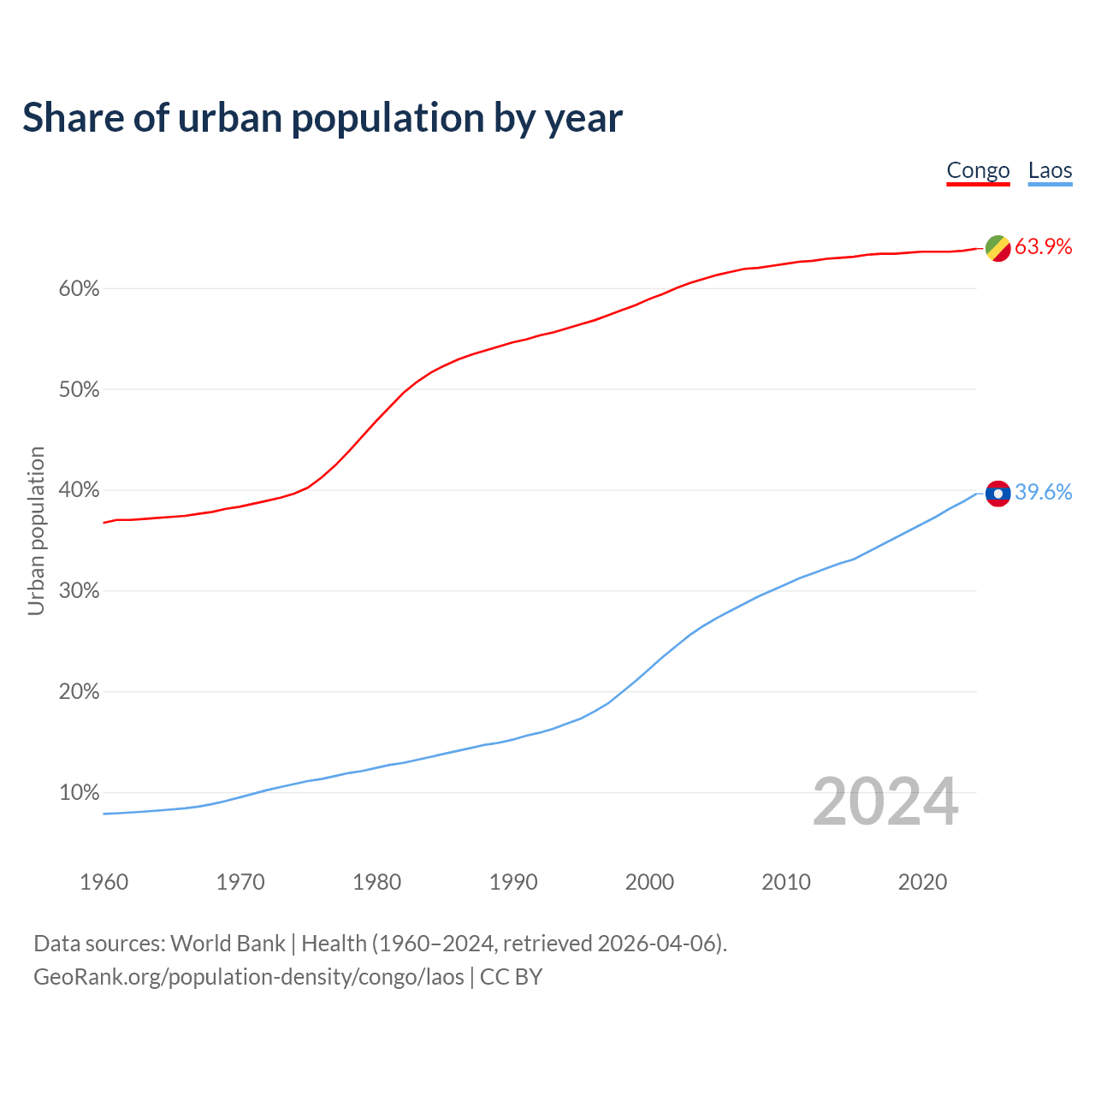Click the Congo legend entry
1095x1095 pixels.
point(978,171)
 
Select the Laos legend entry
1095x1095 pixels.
point(1050,171)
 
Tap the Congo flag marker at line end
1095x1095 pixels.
point(998,248)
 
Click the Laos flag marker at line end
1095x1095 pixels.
point(998,494)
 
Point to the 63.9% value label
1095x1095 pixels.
point(1043,247)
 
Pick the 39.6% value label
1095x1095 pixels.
point(1043,493)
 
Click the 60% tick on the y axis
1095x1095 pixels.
point(79,289)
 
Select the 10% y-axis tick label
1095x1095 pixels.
point(79,793)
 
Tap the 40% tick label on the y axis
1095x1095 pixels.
point(79,491)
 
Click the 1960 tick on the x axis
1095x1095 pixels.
point(104,882)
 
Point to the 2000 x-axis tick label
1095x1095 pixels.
point(649,882)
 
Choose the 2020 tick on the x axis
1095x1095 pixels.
point(922,882)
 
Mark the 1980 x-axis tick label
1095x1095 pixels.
point(376,882)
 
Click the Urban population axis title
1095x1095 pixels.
point(36,530)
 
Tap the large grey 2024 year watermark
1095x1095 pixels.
point(885,802)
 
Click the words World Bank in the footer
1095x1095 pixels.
point(228,944)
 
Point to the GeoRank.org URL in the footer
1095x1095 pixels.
point(248,977)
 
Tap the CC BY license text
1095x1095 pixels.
point(511,977)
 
